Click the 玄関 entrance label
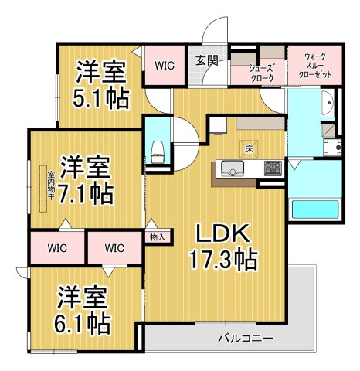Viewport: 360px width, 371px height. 205,61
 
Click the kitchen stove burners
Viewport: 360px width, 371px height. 273,167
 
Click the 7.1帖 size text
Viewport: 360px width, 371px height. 87,193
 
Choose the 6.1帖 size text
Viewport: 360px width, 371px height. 82,319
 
